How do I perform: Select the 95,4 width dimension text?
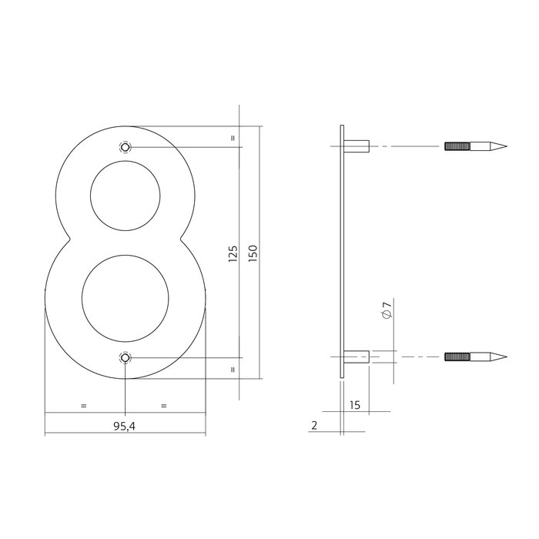click(124, 425)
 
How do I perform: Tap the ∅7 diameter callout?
click(387, 312)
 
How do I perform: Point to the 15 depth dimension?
click(355, 404)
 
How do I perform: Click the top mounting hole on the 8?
click(125, 146)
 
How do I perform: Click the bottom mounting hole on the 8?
click(125, 357)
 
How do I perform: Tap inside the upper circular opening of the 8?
click(126, 199)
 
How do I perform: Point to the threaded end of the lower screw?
click(457, 357)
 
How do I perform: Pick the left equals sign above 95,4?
click(83, 405)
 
